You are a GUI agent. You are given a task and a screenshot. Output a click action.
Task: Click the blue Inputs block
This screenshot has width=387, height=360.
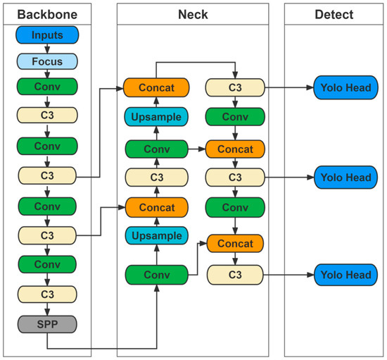pyautogui.click(x=46, y=35)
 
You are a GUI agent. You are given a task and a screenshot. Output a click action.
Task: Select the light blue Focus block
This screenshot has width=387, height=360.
pyautogui.click(x=46, y=61)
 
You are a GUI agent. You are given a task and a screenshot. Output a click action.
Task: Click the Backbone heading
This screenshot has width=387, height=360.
pyautogui.click(x=46, y=15)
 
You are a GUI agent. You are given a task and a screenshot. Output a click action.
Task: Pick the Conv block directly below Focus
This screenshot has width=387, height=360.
pyautogui.click(x=46, y=87)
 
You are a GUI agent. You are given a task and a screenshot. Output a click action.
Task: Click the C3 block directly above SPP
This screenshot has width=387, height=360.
pyautogui.click(x=46, y=294)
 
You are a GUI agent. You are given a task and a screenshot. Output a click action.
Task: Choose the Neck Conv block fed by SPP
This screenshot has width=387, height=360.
pyautogui.click(x=156, y=274)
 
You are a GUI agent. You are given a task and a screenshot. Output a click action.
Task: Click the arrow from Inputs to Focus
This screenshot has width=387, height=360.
pyautogui.click(x=46, y=49)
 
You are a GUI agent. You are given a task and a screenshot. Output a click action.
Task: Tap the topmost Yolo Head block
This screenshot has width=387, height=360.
pyautogui.click(x=345, y=87)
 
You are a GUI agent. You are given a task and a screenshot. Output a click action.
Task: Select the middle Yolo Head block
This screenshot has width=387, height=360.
pyautogui.click(x=345, y=176)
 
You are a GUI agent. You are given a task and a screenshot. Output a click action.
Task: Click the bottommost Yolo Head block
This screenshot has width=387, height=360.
pyautogui.click(x=345, y=274)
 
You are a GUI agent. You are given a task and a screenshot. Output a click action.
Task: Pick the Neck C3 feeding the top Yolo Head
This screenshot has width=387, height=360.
pyautogui.click(x=234, y=87)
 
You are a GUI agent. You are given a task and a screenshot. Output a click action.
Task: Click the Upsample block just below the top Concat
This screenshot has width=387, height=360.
pyautogui.click(x=156, y=117)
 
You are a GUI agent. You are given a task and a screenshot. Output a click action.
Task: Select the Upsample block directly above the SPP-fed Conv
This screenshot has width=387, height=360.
pyautogui.click(x=156, y=235)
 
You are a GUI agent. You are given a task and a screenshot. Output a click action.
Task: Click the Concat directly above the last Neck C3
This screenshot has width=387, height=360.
pyautogui.click(x=234, y=243)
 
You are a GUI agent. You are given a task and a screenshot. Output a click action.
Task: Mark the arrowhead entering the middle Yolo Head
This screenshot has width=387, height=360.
pyautogui.click(x=310, y=176)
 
